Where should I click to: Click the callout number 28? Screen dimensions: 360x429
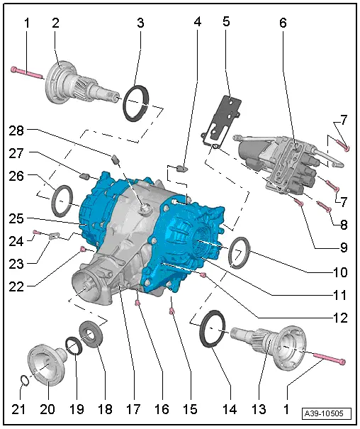tap(16, 130)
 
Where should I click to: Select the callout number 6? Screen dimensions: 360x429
tap(283, 23)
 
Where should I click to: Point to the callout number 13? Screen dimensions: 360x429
tap(259, 409)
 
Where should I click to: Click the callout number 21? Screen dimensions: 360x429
tap(18, 409)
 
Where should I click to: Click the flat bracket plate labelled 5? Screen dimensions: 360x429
tap(221, 121)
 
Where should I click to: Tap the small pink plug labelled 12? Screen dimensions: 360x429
tap(203, 275)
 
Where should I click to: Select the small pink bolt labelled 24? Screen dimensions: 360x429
tap(36, 233)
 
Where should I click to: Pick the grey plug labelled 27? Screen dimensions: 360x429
tap(85, 177)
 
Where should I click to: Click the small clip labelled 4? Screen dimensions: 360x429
tap(181, 168)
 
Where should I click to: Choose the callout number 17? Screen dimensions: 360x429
tap(133, 409)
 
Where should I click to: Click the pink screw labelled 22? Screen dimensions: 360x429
tap(82, 249)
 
